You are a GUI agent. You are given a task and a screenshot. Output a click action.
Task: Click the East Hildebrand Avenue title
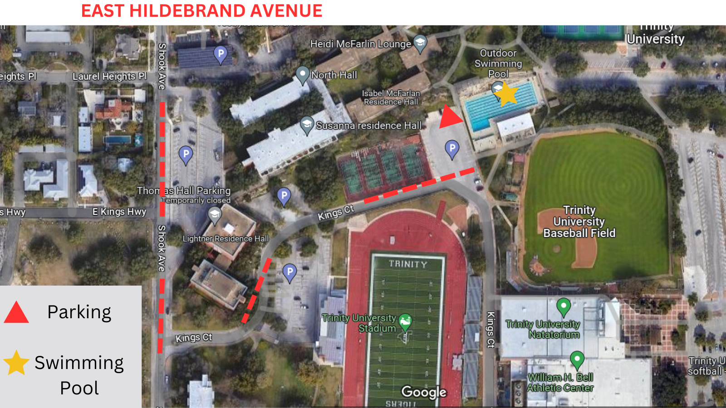pyautogui.click(x=201, y=11)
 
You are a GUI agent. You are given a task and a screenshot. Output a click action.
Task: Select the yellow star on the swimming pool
pyautogui.click(x=505, y=94)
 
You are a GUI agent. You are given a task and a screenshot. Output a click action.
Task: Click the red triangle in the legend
pyautogui.click(x=16, y=313)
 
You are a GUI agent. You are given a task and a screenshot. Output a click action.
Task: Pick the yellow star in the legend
pyautogui.click(x=16, y=363)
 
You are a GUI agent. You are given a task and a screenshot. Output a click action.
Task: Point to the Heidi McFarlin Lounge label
pyautogui.click(x=360, y=44)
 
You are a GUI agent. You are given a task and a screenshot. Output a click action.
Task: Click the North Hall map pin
pyautogui.click(x=303, y=74)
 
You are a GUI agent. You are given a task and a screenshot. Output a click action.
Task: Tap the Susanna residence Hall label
pyautogui.click(x=368, y=126)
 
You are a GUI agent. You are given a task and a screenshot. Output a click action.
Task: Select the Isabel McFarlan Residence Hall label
pyautogui.click(x=391, y=97)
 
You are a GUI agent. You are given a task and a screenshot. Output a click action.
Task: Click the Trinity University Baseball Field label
pyautogui.click(x=579, y=222)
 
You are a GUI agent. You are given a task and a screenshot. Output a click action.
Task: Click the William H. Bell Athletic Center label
pyautogui.click(x=560, y=383)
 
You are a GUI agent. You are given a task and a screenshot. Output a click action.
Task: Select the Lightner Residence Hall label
pyautogui.click(x=226, y=238)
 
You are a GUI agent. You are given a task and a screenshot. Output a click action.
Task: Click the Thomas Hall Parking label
pyautogui.click(x=184, y=191)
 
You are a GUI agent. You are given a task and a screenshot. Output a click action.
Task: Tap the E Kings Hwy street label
pyautogui.click(x=119, y=212)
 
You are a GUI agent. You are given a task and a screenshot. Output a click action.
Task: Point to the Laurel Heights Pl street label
pyautogui.click(x=109, y=76)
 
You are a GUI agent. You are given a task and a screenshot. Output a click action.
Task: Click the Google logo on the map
pyautogui.click(x=424, y=392)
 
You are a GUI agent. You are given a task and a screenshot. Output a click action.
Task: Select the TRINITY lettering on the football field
pyautogui.click(x=407, y=264)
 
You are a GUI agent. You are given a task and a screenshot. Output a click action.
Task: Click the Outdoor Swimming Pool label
pyautogui.click(x=498, y=63)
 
